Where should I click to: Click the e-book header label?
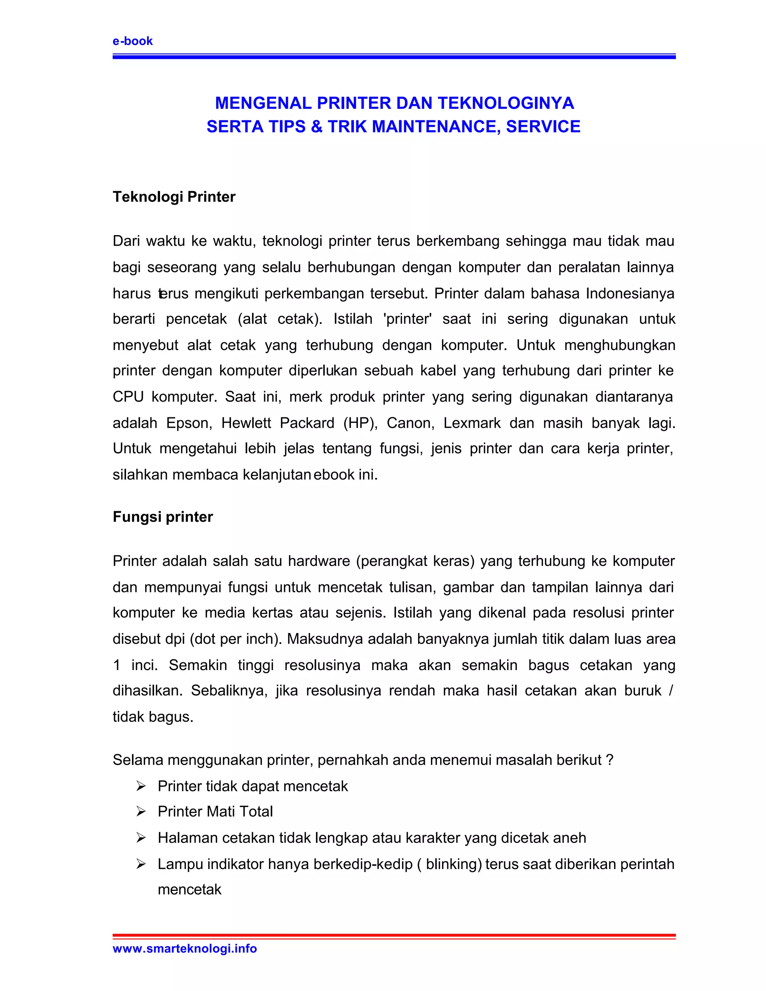tap(132, 41)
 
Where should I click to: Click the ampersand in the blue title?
tap(316, 127)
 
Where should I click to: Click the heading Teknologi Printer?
tap(174, 197)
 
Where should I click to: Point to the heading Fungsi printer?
tap(162, 517)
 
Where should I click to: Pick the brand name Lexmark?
tap(472, 423)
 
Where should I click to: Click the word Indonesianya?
tap(630, 294)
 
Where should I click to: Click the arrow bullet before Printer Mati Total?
tap(141, 812)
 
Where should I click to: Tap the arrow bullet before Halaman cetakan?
tap(141, 838)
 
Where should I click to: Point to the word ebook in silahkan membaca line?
tap(334, 475)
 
